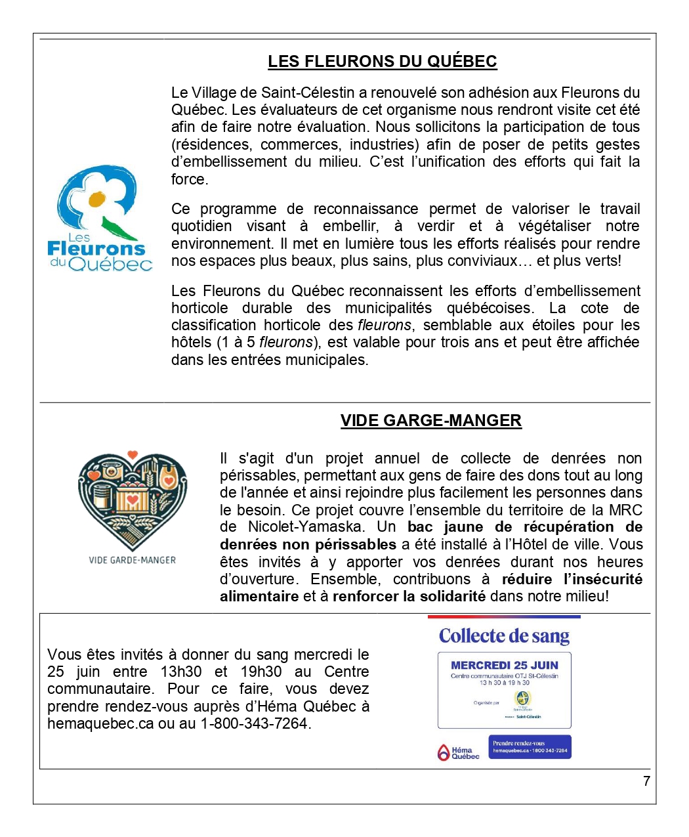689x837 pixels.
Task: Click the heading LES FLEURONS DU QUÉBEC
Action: (382, 62)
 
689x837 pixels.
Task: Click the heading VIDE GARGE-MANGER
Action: (430, 421)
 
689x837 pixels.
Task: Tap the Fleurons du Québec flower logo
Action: (99, 219)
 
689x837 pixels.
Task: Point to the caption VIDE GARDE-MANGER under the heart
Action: (133, 560)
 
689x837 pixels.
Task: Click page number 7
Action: (646, 781)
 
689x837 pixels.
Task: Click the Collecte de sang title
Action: (504, 635)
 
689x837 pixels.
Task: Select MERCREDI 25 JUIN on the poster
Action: (505, 665)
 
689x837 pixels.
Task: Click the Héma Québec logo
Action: (458, 752)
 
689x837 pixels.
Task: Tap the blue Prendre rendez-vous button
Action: (530, 747)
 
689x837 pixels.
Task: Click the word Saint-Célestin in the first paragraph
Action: (308, 93)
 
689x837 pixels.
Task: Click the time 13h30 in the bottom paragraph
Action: (180, 672)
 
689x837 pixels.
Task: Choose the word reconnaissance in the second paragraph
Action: (365, 209)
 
